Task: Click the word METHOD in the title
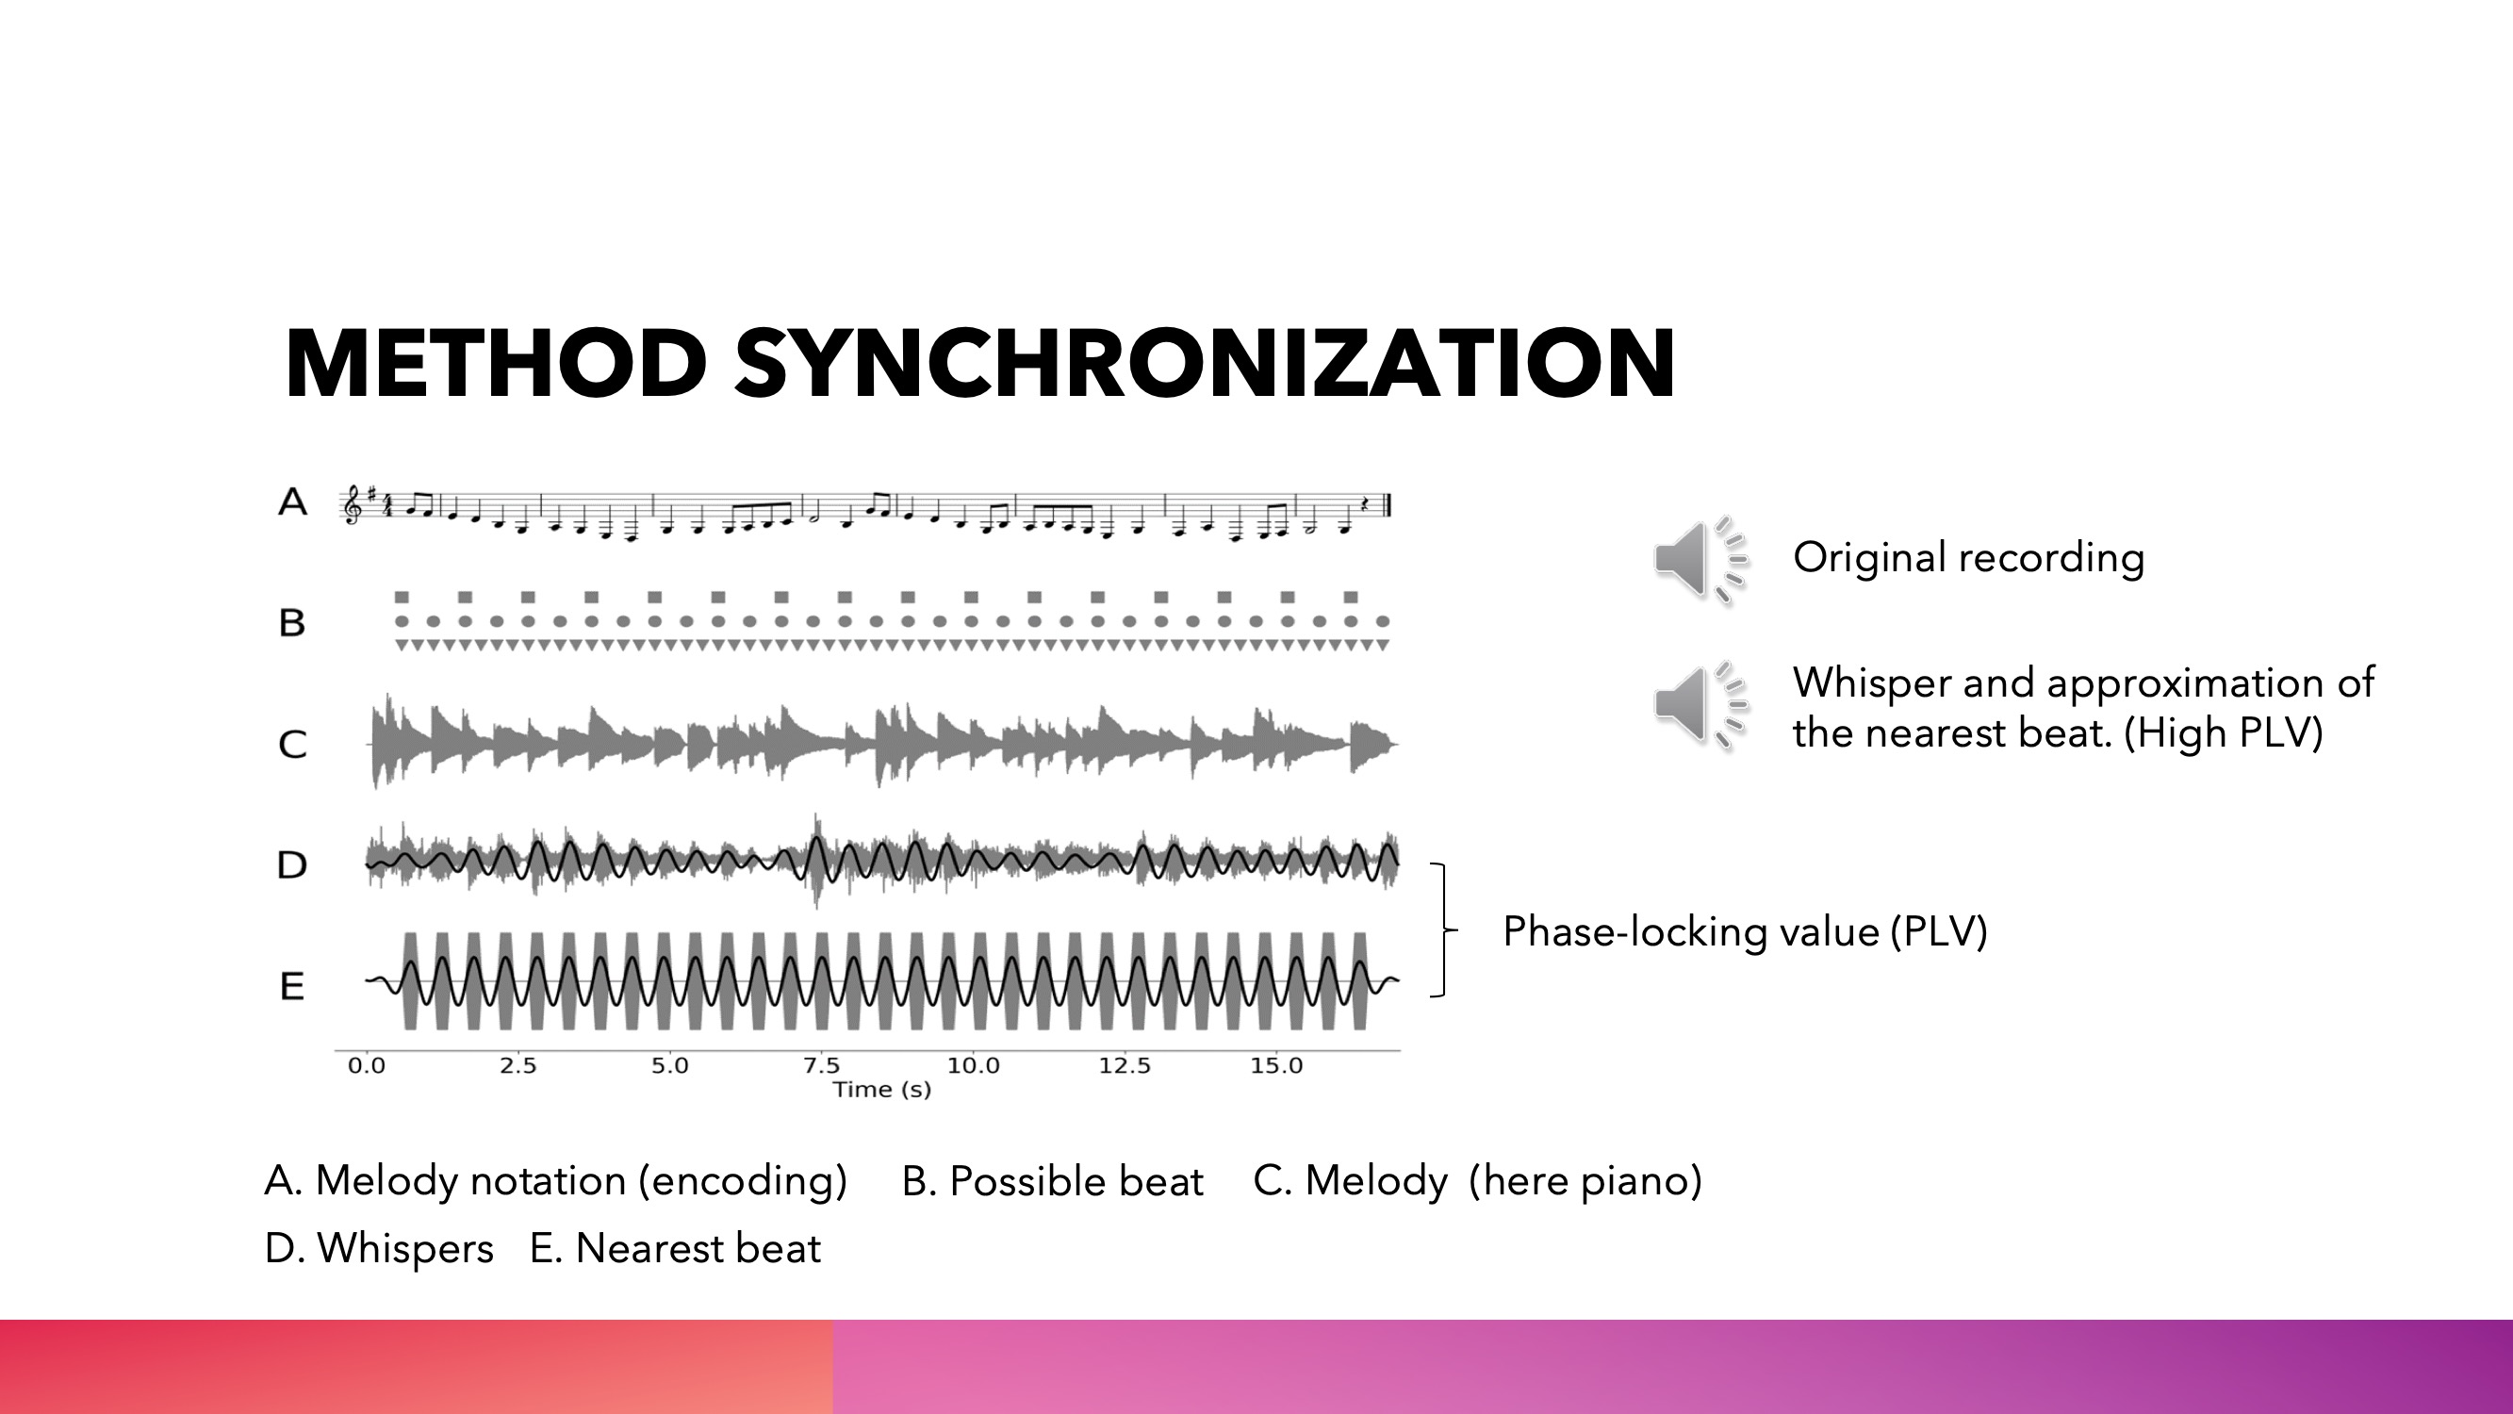tap(497, 363)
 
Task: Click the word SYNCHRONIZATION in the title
tap(1206, 363)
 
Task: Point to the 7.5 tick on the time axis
tap(821, 1065)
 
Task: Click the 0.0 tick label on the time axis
tap(367, 1065)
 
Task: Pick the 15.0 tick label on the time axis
tap(1277, 1065)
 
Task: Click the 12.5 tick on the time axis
tap(1125, 1065)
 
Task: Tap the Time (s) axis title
tap(882, 1090)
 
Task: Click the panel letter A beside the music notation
tap(292, 502)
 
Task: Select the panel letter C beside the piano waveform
tap(292, 745)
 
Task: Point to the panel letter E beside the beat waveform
tap(291, 987)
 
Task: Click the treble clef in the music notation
tap(352, 505)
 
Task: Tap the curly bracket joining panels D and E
tap(1443, 930)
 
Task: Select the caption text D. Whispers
tap(380, 1248)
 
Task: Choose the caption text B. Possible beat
tap(1053, 1181)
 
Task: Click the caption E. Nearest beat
tap(675, 1248)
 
